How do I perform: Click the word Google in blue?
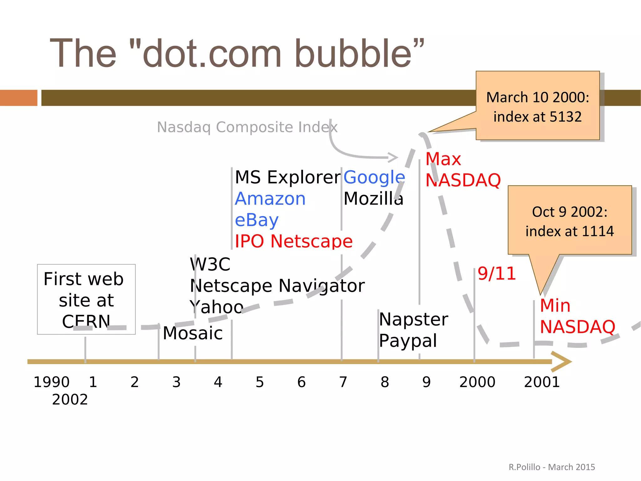374,177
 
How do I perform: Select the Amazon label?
270,199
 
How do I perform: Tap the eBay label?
256,220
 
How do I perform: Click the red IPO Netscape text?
294,241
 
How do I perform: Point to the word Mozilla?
373,199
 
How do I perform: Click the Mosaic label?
193,333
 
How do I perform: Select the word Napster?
413,319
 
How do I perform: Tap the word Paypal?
408,341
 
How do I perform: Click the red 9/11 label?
497,274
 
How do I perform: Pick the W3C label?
210,264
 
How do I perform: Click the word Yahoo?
216,307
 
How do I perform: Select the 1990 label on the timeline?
52,382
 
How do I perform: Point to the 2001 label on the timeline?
542,382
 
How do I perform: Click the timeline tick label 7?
343,382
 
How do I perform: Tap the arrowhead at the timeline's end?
562,362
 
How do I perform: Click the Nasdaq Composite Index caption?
247,127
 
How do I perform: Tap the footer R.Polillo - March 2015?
551,467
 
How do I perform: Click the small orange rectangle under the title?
18,98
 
